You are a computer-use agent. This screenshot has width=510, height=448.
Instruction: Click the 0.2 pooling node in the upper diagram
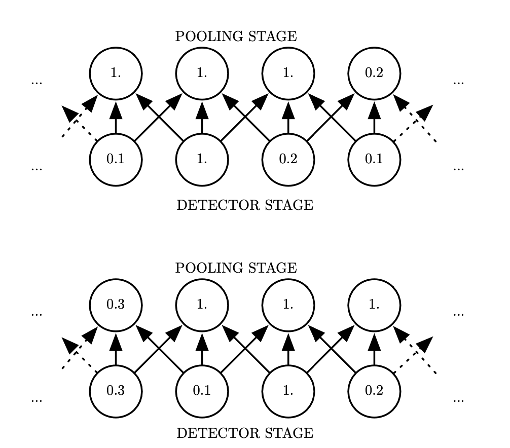point(374,73)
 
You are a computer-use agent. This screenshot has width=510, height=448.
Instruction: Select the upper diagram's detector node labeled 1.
point(202,159)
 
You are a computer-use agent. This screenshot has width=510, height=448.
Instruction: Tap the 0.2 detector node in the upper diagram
point(288,159)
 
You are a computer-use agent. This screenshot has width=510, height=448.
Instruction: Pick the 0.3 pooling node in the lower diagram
point(116,305)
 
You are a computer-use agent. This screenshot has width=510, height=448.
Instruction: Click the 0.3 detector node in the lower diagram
point(116,391)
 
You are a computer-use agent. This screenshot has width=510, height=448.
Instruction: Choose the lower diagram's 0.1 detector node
point(202,391)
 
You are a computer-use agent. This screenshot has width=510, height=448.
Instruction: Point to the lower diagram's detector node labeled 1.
point(288,391)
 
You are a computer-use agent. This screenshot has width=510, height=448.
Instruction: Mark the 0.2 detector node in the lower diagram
point(374,391)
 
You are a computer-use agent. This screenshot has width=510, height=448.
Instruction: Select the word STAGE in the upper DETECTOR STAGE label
point(291,205)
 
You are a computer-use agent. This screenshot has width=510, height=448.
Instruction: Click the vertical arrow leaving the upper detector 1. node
point(202,117)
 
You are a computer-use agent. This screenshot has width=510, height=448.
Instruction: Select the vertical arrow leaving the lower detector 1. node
point(288,348)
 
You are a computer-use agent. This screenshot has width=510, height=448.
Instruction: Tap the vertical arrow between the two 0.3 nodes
point(116,348)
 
